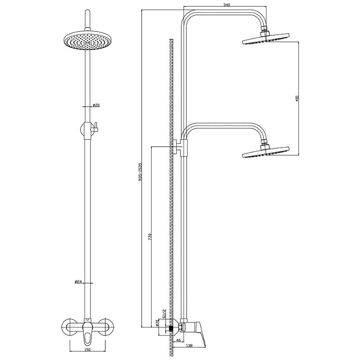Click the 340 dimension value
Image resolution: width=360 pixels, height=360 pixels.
pos(226,4)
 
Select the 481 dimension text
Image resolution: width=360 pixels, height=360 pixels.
pos(297,98)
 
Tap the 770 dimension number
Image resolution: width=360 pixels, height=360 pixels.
pos(150,237)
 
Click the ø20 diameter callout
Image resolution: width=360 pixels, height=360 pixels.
pos(96,105)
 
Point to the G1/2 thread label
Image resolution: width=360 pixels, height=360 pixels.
pos(164,313)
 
